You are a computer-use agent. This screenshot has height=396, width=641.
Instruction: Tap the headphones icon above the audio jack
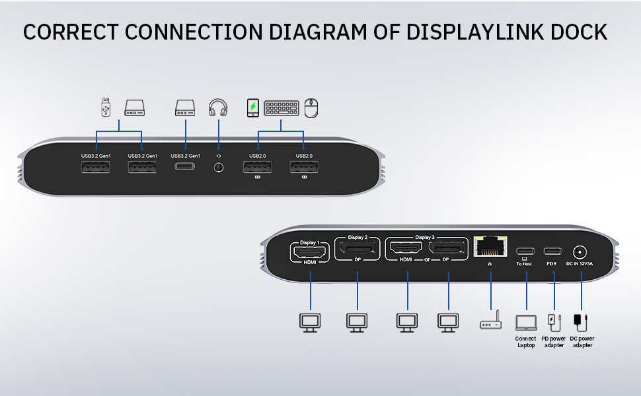(217, 108)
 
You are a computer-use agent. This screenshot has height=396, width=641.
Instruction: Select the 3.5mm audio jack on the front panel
(218, 168)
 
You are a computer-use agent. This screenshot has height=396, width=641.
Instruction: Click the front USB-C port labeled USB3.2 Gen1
(185, 168)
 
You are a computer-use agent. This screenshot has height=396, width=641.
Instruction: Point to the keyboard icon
(281, 108)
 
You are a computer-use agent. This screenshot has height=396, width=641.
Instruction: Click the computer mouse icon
(312, 108)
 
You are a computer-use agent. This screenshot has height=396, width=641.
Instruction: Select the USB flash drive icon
(106, 108)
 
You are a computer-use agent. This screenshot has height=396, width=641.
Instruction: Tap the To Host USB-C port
(524, 251)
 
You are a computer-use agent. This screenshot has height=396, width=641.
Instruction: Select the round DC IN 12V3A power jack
(580, 251)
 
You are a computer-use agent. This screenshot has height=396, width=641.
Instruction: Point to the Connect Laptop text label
(525, 342)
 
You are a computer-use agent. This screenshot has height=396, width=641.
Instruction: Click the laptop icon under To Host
(526, 321)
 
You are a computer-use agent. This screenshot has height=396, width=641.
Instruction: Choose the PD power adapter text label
(553, 342)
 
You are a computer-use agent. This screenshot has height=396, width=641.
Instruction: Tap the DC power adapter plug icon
(581, 321)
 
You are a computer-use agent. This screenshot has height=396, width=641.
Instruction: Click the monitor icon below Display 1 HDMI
(309, 321)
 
